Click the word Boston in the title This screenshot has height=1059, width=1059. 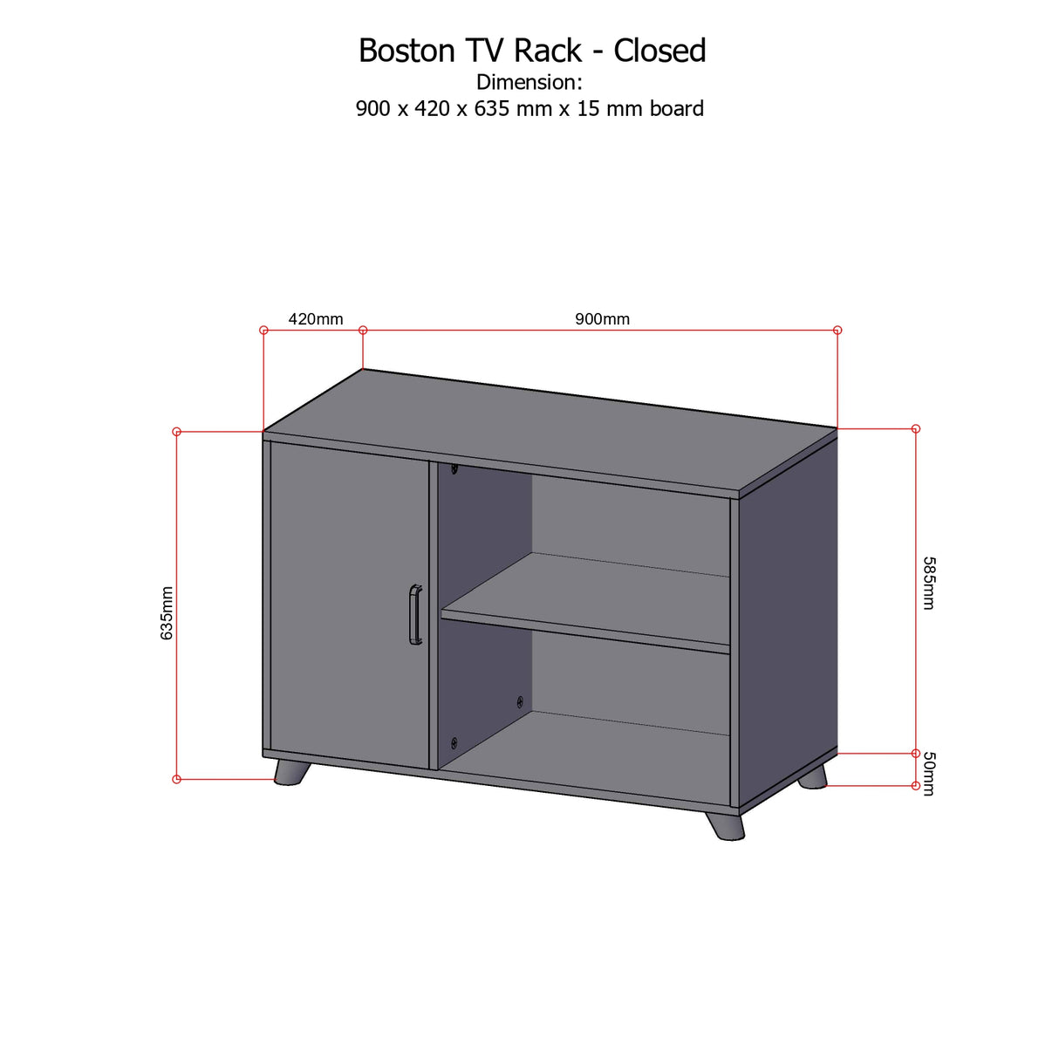[407, 51]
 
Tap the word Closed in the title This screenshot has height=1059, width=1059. [659, 51]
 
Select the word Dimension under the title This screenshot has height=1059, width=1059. [527, 82]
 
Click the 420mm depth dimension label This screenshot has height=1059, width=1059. [316, 318]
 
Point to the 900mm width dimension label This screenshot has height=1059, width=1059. [602, 318]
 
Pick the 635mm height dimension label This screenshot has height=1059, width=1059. [167, 612]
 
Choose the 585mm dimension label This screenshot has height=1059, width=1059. [928, 583]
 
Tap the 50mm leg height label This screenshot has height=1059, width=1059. [928, 773]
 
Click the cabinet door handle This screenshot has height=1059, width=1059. [415, 614]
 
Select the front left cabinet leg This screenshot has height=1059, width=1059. [292, 772]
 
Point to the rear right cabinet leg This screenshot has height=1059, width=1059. [812, 777]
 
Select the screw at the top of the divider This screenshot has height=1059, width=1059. [454, 468]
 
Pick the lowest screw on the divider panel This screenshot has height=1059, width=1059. [454, 743]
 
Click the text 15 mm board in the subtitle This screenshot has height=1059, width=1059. [639, 109]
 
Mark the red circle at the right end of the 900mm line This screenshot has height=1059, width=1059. [837, 331]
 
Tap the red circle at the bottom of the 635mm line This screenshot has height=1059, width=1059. [176, 779]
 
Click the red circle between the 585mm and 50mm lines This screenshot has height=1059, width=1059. [916, 753]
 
